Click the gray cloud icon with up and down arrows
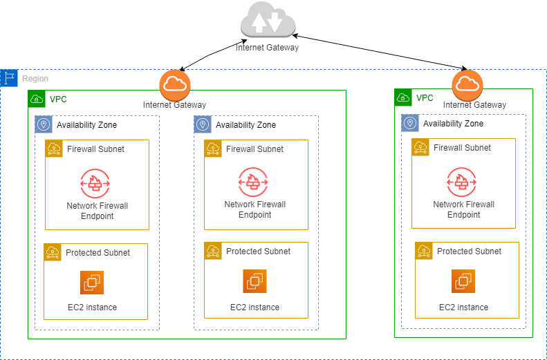(x=268, y=21)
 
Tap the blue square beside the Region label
(x=8, y=78)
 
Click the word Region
(x=35, y=79)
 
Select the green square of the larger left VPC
(x=37, y=98)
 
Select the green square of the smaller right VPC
(x=403, y=97)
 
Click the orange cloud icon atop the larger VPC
(x=174, y=85)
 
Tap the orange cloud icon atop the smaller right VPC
(x=468, y=85)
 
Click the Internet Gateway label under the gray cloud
(x=267, y=48)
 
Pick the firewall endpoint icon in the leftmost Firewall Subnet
(x=95, y=183)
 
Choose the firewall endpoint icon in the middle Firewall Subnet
(x=253, y=182)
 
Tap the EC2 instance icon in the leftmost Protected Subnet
(x=92, y=282)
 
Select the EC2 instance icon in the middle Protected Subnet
(x=254, y=281)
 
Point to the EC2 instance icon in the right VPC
(x=463, y=281)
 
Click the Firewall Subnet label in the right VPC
(x=462, y=148)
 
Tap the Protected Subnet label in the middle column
(x=258, y=252)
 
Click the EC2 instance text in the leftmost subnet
(x=92, y=307)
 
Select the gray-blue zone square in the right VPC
(x=410, y=123)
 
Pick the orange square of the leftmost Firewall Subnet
(x=54, y=149)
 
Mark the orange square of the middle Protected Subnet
(x=213, y=252)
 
